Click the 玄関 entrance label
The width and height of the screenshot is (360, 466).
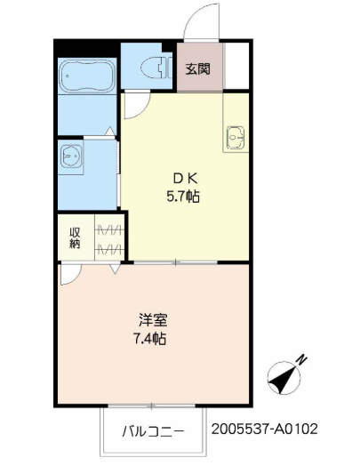coord(198,68)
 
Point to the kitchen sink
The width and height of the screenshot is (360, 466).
coord(236,139)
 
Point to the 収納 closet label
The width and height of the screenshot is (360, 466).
coord(75,237)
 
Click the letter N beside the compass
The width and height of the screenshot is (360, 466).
coord(302,360)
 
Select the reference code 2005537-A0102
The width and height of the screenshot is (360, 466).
coord(264,429)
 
